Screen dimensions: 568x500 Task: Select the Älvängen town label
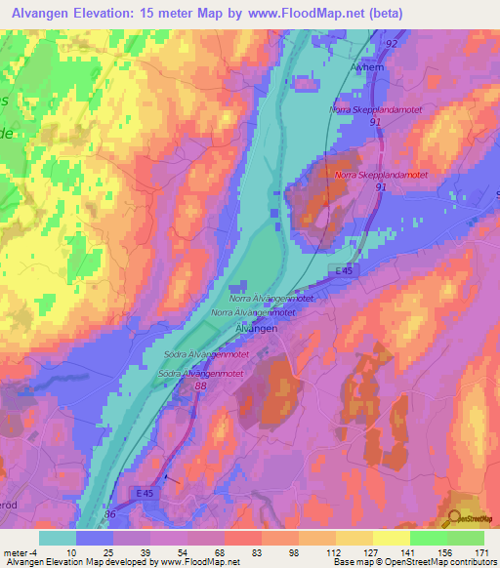[257, 330]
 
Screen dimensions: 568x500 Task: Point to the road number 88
[201, 387]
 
